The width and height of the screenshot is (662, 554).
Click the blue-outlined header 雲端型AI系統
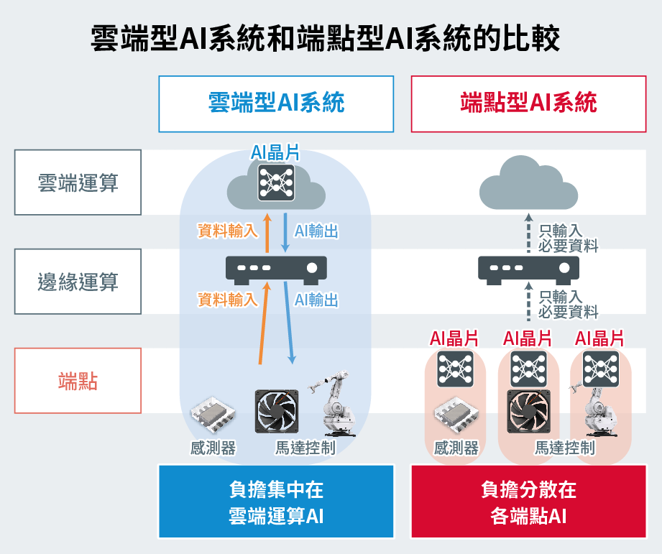[x=276, y=103]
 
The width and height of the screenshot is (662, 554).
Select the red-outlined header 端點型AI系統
[x=528, y=103]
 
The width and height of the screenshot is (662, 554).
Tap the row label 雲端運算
[x=78, y=183]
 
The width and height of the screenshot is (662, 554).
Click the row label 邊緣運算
[x=78, y=282]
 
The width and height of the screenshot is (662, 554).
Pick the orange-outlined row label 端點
[x=78, y=381]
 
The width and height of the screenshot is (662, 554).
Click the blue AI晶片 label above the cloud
[x=275, y=152]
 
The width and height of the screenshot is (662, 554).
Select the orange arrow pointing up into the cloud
[x=267, y=231]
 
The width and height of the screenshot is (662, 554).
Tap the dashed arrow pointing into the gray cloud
[x=528, y=231]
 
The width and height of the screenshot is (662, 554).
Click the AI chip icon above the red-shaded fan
[x=528, y=368]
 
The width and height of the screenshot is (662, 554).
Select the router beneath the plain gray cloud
[x=528, y=269]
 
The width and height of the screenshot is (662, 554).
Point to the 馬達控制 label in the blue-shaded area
[x=305, y=448]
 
